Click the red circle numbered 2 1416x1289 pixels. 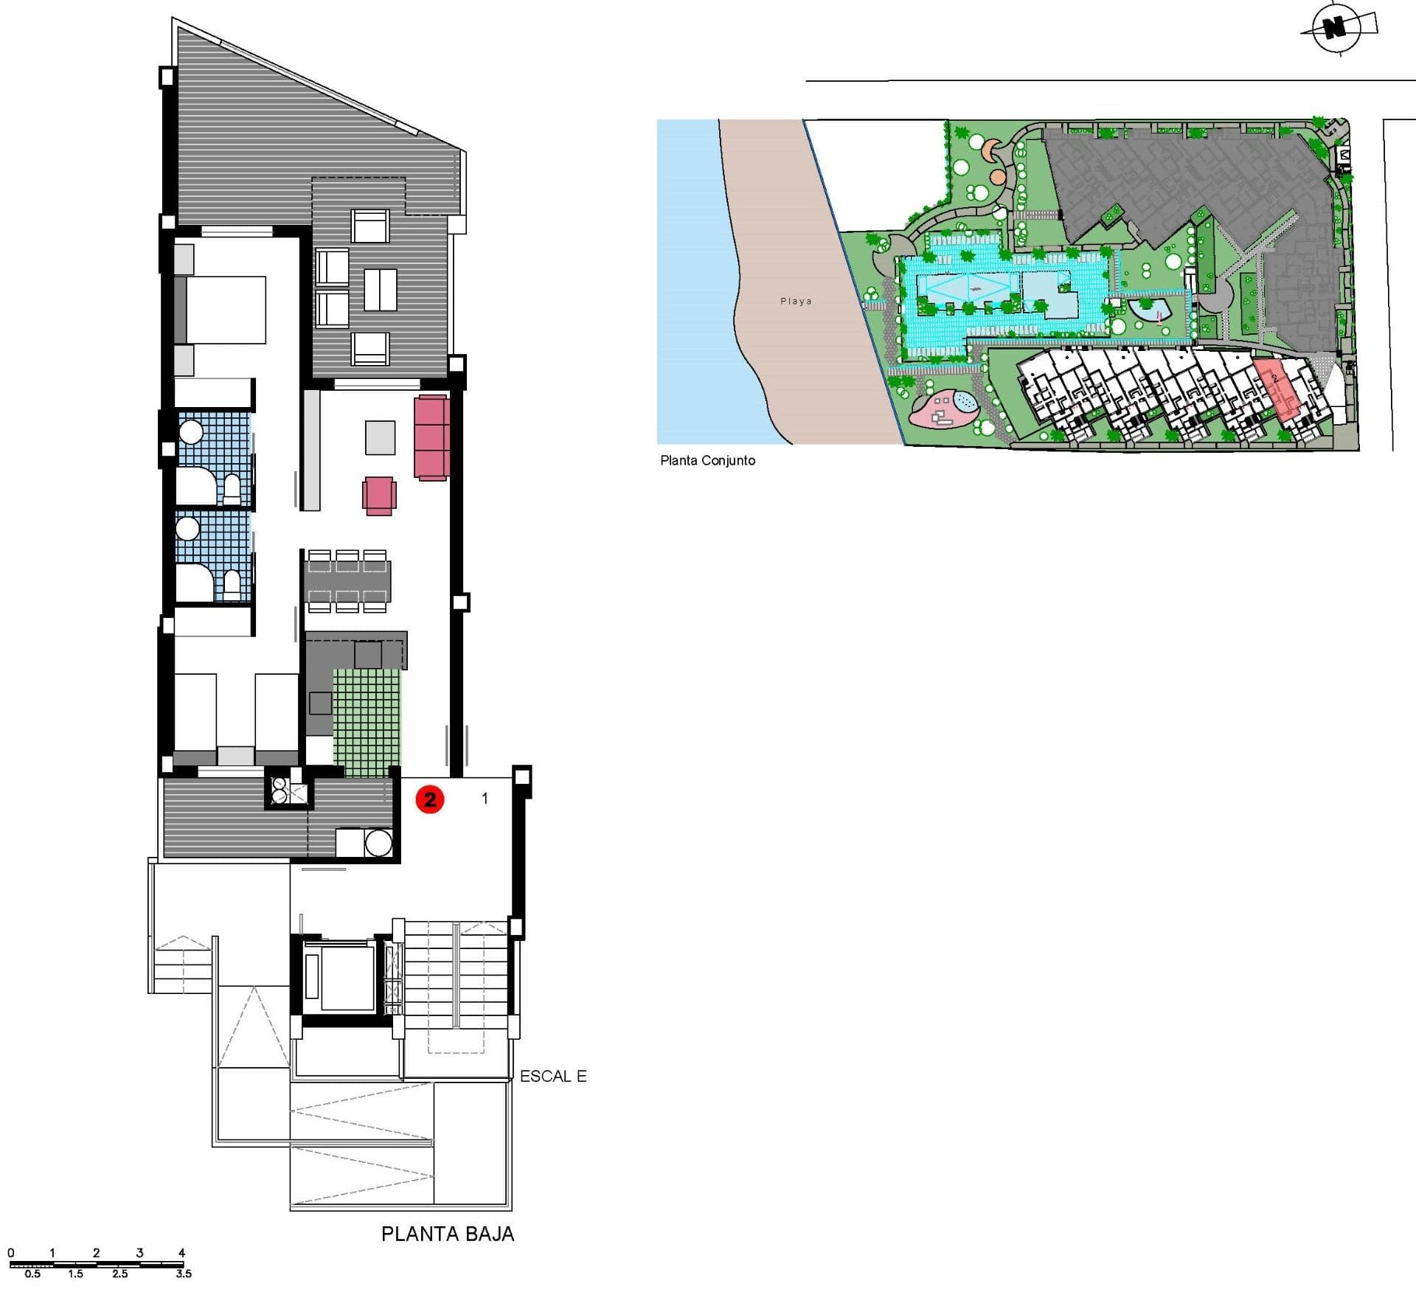click(430, 799)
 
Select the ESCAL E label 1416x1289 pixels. click(553, 1076)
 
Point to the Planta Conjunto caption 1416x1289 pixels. click(707, 460)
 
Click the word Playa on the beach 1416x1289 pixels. click(796, 301)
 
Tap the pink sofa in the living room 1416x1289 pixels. click(431, 438)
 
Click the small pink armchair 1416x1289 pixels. click(379, 496)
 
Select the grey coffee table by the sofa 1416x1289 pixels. click(381, 437)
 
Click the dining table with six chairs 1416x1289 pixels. click(347, 581)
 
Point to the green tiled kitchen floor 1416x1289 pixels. click(367, 723)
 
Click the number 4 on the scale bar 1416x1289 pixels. click(181, 1252)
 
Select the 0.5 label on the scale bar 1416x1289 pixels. click(32, 1274)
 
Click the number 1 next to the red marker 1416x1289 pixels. click(485, 798)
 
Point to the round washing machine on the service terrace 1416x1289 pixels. click(378, 843)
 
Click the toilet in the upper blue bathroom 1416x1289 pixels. click(232, 489)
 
